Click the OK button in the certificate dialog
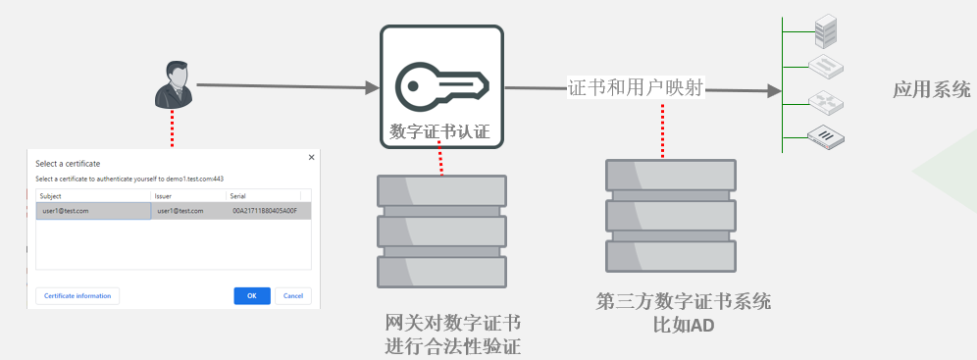pyautogui.click(x=252, y=296)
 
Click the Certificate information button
pyautogui.click(x=77, y=296)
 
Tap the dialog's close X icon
pyautogui.click(x=312, y=158)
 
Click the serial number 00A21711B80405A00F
pyautogui.click(x=265, y=211)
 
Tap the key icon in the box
pyautogui.click(x=441, y=86)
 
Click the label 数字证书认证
pyautogui.click(x=439, y=131)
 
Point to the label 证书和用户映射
pyautogui.click(x=636, y=88)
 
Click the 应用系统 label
pyautogui.click(x=932, y=89)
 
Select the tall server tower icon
pyautogui.click(x=825, y=31)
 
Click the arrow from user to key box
pyautogui.click(x=287, y=86)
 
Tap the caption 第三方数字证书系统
pyautogui.click(x=684, y=301)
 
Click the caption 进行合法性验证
pyautogui.click(x=453, y=345)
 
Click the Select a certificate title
pyautogui.click(x=68, y=164)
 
